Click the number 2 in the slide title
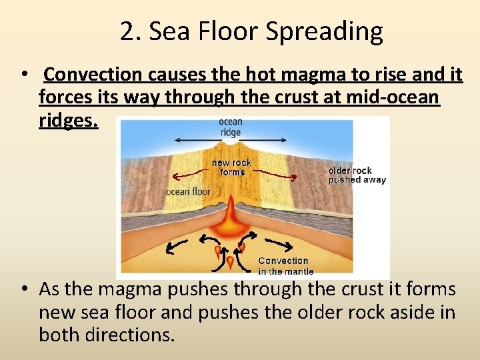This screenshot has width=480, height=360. [x=127, y=31]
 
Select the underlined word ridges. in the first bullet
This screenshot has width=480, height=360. [x=68, y=120]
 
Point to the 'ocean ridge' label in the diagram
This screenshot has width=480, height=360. [x=230, y=127]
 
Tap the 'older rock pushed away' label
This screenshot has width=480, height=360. [x=357, y=175]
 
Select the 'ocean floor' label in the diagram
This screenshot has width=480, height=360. [x=188, y=192]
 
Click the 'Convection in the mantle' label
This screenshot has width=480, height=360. [x=283, y=266]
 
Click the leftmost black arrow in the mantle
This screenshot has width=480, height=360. [x=176, y=247]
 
